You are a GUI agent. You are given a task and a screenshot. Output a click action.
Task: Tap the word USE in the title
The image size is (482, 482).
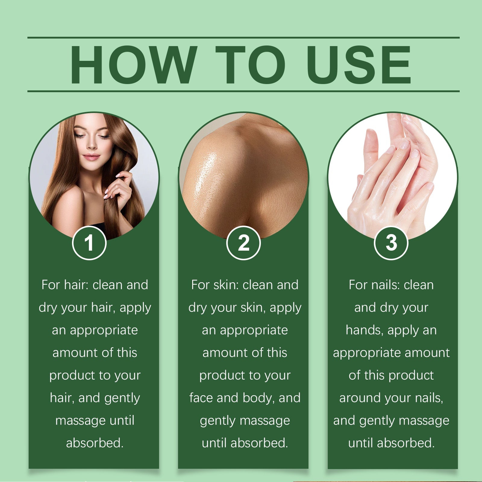[358, 65]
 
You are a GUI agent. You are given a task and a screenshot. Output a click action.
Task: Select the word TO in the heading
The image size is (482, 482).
[250, 65]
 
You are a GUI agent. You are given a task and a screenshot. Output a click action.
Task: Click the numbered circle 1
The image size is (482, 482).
[89, 243]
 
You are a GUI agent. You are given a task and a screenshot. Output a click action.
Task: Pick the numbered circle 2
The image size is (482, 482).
[243, 243]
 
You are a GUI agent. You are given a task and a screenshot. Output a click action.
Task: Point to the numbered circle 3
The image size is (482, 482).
[391, 243]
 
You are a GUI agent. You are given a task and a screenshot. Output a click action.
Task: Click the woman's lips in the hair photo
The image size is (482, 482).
[91, 157]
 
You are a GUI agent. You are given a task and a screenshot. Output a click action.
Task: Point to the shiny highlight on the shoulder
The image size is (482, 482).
[205, 175]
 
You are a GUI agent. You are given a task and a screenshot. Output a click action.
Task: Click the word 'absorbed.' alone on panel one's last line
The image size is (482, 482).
[95, 443]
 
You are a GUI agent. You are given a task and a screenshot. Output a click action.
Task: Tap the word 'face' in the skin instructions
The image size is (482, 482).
[201, 398]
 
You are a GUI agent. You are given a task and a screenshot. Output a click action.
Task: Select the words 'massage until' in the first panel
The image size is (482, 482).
[95, 420]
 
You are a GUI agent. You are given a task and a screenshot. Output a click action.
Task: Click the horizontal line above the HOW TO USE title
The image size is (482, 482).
[243, 38]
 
